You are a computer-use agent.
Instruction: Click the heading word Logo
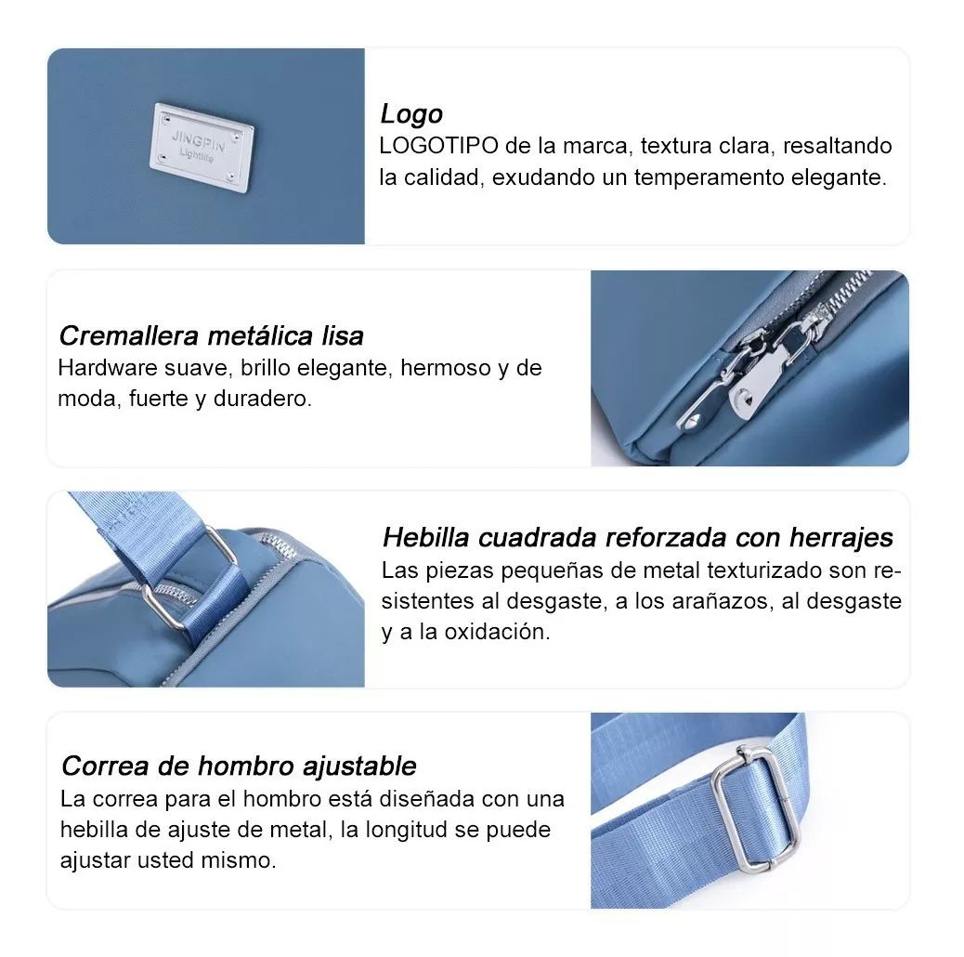[411, 114]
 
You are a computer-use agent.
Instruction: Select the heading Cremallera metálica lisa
[211, 335]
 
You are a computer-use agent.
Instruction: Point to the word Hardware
[99, 368]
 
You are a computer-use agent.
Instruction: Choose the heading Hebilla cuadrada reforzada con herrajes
[637, 537]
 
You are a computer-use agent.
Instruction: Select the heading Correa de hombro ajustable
[239, 767]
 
